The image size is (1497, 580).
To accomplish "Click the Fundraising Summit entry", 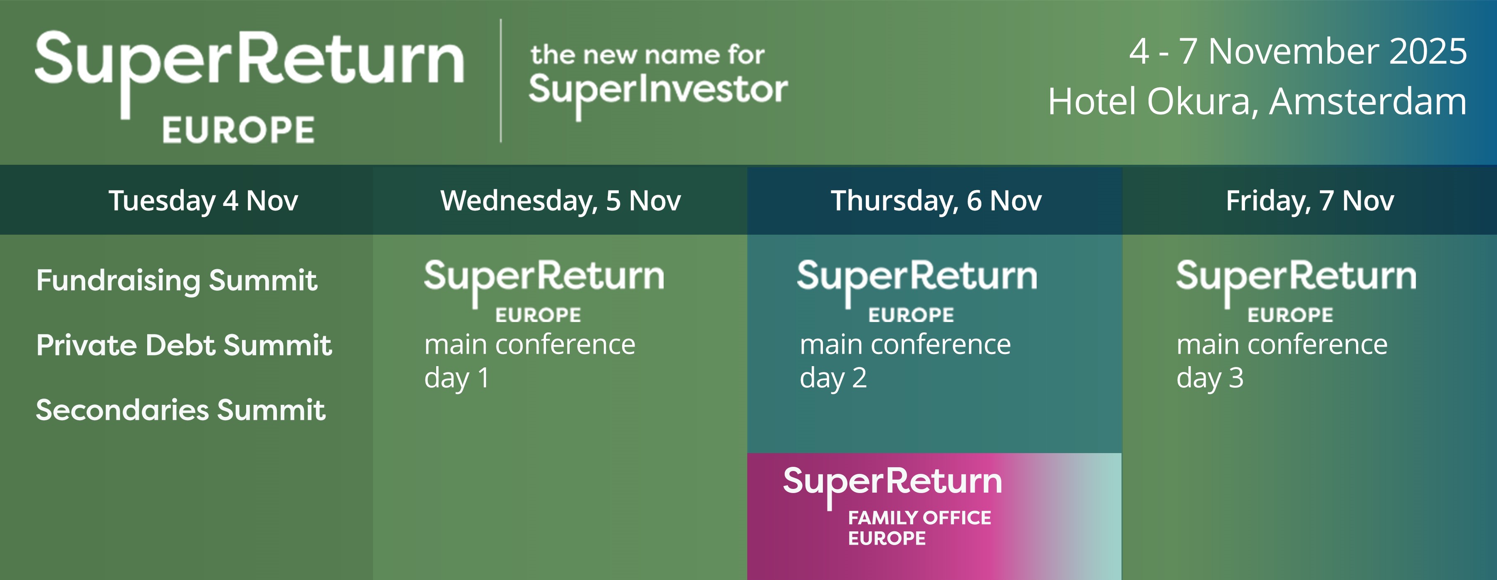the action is [x=177, y=281].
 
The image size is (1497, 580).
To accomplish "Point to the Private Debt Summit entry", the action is [x=184, y=345].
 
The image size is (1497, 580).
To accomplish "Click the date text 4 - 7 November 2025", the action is [x=1298, y=51].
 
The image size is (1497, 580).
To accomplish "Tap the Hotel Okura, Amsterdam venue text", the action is [x=1257, y=102].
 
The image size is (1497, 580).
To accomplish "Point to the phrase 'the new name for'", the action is [x=647, y=55].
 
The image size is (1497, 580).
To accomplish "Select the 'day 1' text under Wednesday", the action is [x=457, y=379].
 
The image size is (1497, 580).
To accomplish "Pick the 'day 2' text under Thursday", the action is [x=833, y=379].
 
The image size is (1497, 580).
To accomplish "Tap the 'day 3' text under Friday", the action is [x=1210, y=379].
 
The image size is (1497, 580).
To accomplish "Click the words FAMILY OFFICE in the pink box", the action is [x=919, y=518].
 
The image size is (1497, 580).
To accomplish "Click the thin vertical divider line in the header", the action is [x=501, y=81].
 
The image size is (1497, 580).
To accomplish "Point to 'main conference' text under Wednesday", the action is [x=530, y=345].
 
